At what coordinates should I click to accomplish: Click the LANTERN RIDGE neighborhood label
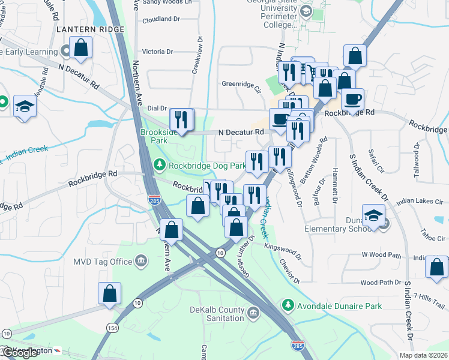pyautogui.click(x=91, y=29)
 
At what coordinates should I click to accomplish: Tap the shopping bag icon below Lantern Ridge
pyautogui.click(x=80, y=49)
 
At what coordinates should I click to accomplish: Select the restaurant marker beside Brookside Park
pyautogui.click(x=181, y=119)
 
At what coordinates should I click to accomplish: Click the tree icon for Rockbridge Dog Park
pyautogui.click(x=159, y=164)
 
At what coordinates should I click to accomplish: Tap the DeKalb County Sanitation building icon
pyautogui.click(x=253, y=313)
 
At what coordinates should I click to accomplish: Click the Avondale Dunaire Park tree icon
pyautogui.click(x=289, y=306)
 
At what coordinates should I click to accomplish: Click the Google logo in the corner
pyautogui.click(x=20, y=353)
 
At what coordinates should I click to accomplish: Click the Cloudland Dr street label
pyautogui.click(x=161, y=19)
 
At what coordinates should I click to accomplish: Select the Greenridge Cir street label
pyautogui.click(x=242, y=84)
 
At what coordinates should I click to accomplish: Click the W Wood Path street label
pyautogui.click(x=381, y=254)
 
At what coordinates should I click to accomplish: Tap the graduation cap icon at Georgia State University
pyautogui.click(x=306, y=11)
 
